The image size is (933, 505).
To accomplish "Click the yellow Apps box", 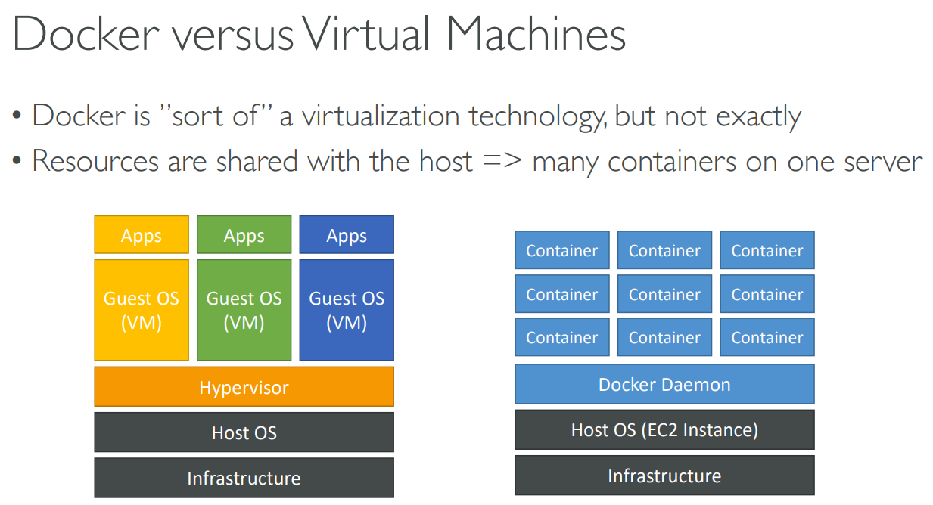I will click(x=142, y=235).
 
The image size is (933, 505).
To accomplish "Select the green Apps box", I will click(x=244, y=235).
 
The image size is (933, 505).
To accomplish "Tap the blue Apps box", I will click(x=347, y=235).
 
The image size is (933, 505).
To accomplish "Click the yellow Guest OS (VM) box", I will click(x=142, y=310).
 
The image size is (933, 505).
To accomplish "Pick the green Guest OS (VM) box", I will click(x=244, y=310).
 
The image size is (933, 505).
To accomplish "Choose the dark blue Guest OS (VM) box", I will click(x=347, y=310).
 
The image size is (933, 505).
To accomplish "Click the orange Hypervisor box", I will click(x=244, y=387).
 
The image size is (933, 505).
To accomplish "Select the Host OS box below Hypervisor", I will click(x=244, y=432).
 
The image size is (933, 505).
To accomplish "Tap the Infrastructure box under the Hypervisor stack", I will click(x=244, y=478).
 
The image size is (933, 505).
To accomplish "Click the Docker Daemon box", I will click(x=664, y=384).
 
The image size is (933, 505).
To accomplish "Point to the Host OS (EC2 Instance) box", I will click(x=664, y=430).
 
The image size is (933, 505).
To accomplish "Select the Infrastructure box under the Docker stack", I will click(x=664, y=476).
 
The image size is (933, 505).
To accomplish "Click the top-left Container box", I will click(x=561, y=250).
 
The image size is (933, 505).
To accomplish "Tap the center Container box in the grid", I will click(x=664, y=294).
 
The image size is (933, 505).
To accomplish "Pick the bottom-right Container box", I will click(x=767, y=337).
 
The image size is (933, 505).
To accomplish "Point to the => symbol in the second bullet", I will click(x=502, y=161).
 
